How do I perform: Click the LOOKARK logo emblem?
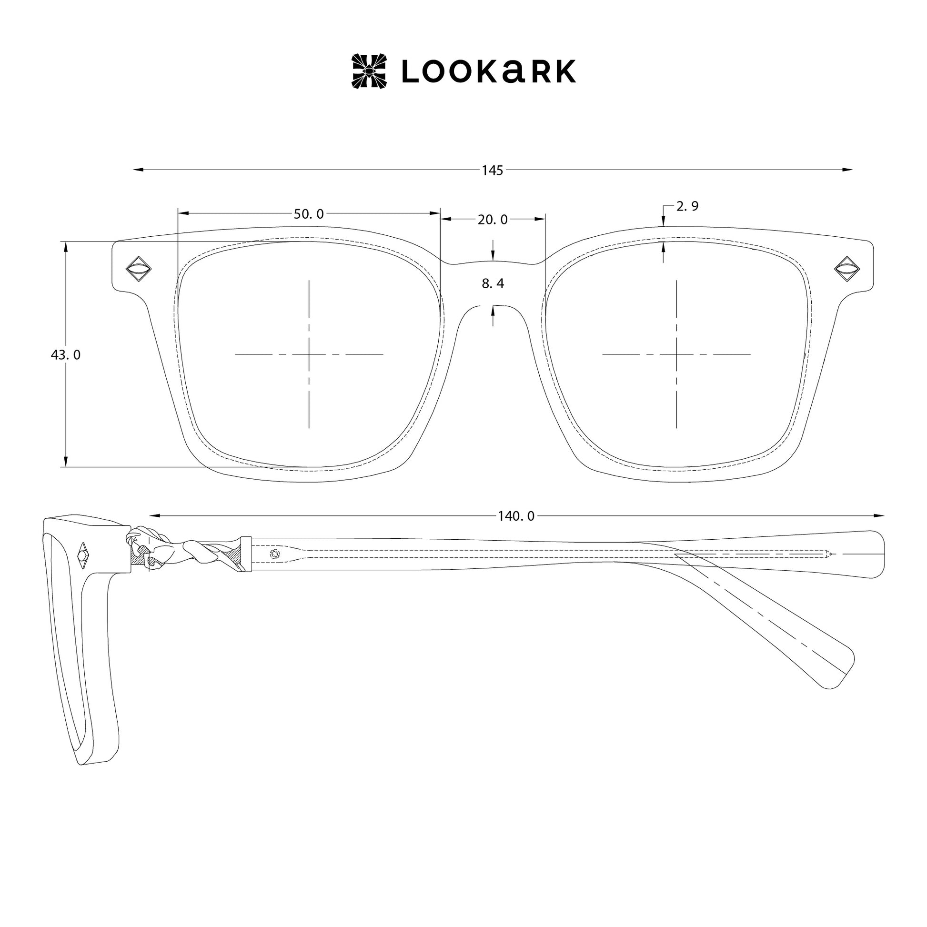pos(369,71)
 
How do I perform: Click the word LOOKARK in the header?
pos(488,71)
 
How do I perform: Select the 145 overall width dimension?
pos(492,171)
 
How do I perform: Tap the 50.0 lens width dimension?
pos(309,214)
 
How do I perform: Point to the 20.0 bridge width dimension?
pos(492,220)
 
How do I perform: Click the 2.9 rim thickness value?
pos(687,206)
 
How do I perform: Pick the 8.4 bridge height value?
pos(493,283)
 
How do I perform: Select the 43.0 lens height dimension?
pos(66,355)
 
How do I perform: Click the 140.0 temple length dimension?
pos(516,516)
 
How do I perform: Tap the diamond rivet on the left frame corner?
pos(138,269)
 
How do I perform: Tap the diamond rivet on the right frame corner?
pos(847,269)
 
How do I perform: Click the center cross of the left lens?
pos(309,354)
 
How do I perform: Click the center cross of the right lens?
pos(676,354)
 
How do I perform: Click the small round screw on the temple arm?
pos(275,554)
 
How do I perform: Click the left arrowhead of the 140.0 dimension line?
pos(154,516)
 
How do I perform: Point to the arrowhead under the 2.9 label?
pos(663,221)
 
